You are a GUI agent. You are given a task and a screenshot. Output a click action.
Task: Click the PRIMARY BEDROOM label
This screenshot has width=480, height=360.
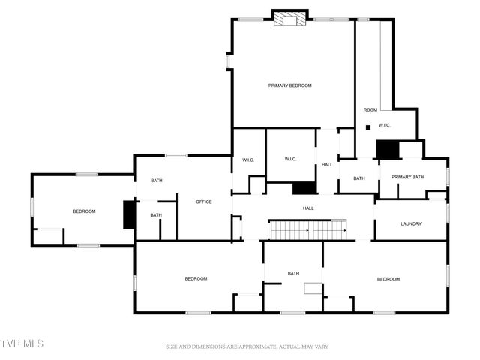pos(289,85)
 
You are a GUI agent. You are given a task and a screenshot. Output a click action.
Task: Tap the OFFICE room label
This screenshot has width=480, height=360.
pos(204,202)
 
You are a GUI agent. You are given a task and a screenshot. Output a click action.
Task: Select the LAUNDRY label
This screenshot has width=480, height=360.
pos(411,223)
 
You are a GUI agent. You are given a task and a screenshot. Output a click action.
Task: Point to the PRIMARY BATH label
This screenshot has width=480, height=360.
pos(407,177)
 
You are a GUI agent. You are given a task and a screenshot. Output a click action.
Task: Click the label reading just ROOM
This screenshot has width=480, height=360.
pos(370,110)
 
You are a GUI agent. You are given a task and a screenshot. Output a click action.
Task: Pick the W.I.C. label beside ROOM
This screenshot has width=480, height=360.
pos(385,125)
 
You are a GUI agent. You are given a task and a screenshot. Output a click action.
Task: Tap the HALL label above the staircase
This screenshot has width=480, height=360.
pos(308,208)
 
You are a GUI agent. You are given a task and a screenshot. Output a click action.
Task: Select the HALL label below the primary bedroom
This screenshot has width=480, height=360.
pos(327,164)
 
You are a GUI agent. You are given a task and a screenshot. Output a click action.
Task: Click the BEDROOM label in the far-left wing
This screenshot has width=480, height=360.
pos(84,211)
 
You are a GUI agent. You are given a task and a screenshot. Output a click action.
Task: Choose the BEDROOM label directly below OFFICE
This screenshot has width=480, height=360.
pos(196,279)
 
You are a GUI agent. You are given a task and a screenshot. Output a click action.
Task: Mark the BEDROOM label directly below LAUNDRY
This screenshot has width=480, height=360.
pos(388,279)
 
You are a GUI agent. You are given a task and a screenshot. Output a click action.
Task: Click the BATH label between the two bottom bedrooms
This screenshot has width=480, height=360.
pos(294,273)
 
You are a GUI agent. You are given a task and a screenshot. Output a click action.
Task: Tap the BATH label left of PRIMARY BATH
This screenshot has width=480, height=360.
pos(359,178)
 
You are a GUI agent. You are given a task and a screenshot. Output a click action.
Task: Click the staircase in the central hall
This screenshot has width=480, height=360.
pos(307,230)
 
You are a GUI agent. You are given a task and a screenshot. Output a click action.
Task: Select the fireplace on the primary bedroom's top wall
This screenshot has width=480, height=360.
pos(289,19)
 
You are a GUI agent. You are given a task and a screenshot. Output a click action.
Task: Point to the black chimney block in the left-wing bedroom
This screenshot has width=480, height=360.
pos(129,214)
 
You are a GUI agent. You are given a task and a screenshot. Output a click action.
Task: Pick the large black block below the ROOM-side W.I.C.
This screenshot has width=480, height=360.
pos(388,149)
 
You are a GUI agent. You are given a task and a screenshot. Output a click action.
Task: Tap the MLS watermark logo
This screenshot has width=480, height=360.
pos(22,343)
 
